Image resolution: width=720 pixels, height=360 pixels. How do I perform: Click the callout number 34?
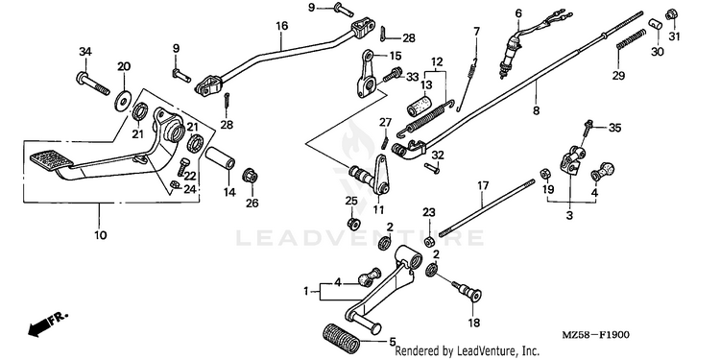85,52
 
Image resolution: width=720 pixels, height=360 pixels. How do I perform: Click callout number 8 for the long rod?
537,110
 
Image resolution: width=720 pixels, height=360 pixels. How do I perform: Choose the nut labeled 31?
671,13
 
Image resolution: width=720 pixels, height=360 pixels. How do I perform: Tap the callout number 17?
483,186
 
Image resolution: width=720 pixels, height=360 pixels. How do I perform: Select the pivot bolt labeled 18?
467,291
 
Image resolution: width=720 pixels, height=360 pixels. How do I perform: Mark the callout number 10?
101,235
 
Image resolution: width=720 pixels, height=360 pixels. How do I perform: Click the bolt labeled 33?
393,74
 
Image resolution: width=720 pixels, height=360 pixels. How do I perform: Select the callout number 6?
518,13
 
